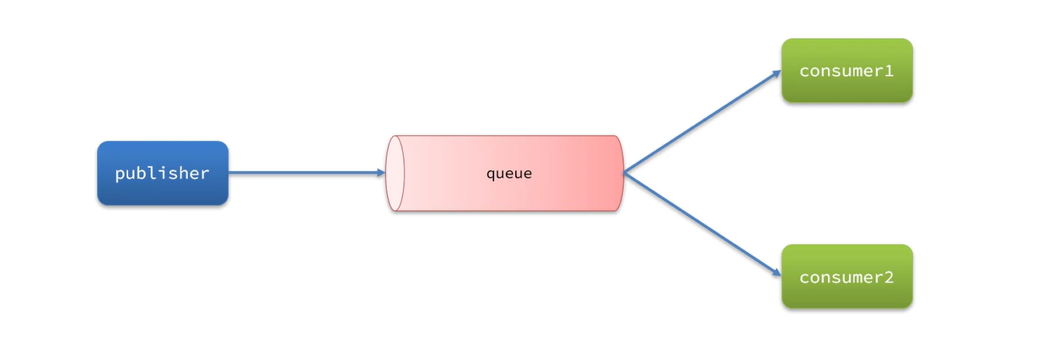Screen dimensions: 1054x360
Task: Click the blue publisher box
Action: [163, 173]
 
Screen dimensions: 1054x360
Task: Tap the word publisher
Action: [163, 174]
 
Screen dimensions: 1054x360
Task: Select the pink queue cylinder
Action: [504, 173]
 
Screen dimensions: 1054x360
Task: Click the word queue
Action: [509, 175]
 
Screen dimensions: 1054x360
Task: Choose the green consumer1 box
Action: [847, 70]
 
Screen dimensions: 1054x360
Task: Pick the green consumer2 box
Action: [847, 277]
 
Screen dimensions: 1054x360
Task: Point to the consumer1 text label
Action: [847, 71]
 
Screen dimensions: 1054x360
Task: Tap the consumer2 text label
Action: [847, 277]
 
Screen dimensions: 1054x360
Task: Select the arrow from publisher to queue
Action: [307, 173]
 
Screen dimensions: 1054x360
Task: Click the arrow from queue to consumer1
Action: [702, 122]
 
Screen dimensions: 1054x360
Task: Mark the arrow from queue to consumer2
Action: [702, 224]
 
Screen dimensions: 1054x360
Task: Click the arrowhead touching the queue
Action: [381, 173]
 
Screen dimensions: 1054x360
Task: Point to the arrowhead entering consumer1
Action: [777, 73]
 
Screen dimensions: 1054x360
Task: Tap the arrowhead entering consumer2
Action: [777, 273]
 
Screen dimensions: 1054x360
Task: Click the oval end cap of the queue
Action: [395, 173]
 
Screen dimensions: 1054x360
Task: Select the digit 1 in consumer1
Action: [889, 71]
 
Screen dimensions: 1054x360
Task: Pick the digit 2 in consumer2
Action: [889, 277]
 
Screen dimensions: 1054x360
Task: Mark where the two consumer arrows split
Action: [625, 173]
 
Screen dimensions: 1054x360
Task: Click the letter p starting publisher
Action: [120, 175]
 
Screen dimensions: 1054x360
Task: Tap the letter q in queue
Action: [491, 175]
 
